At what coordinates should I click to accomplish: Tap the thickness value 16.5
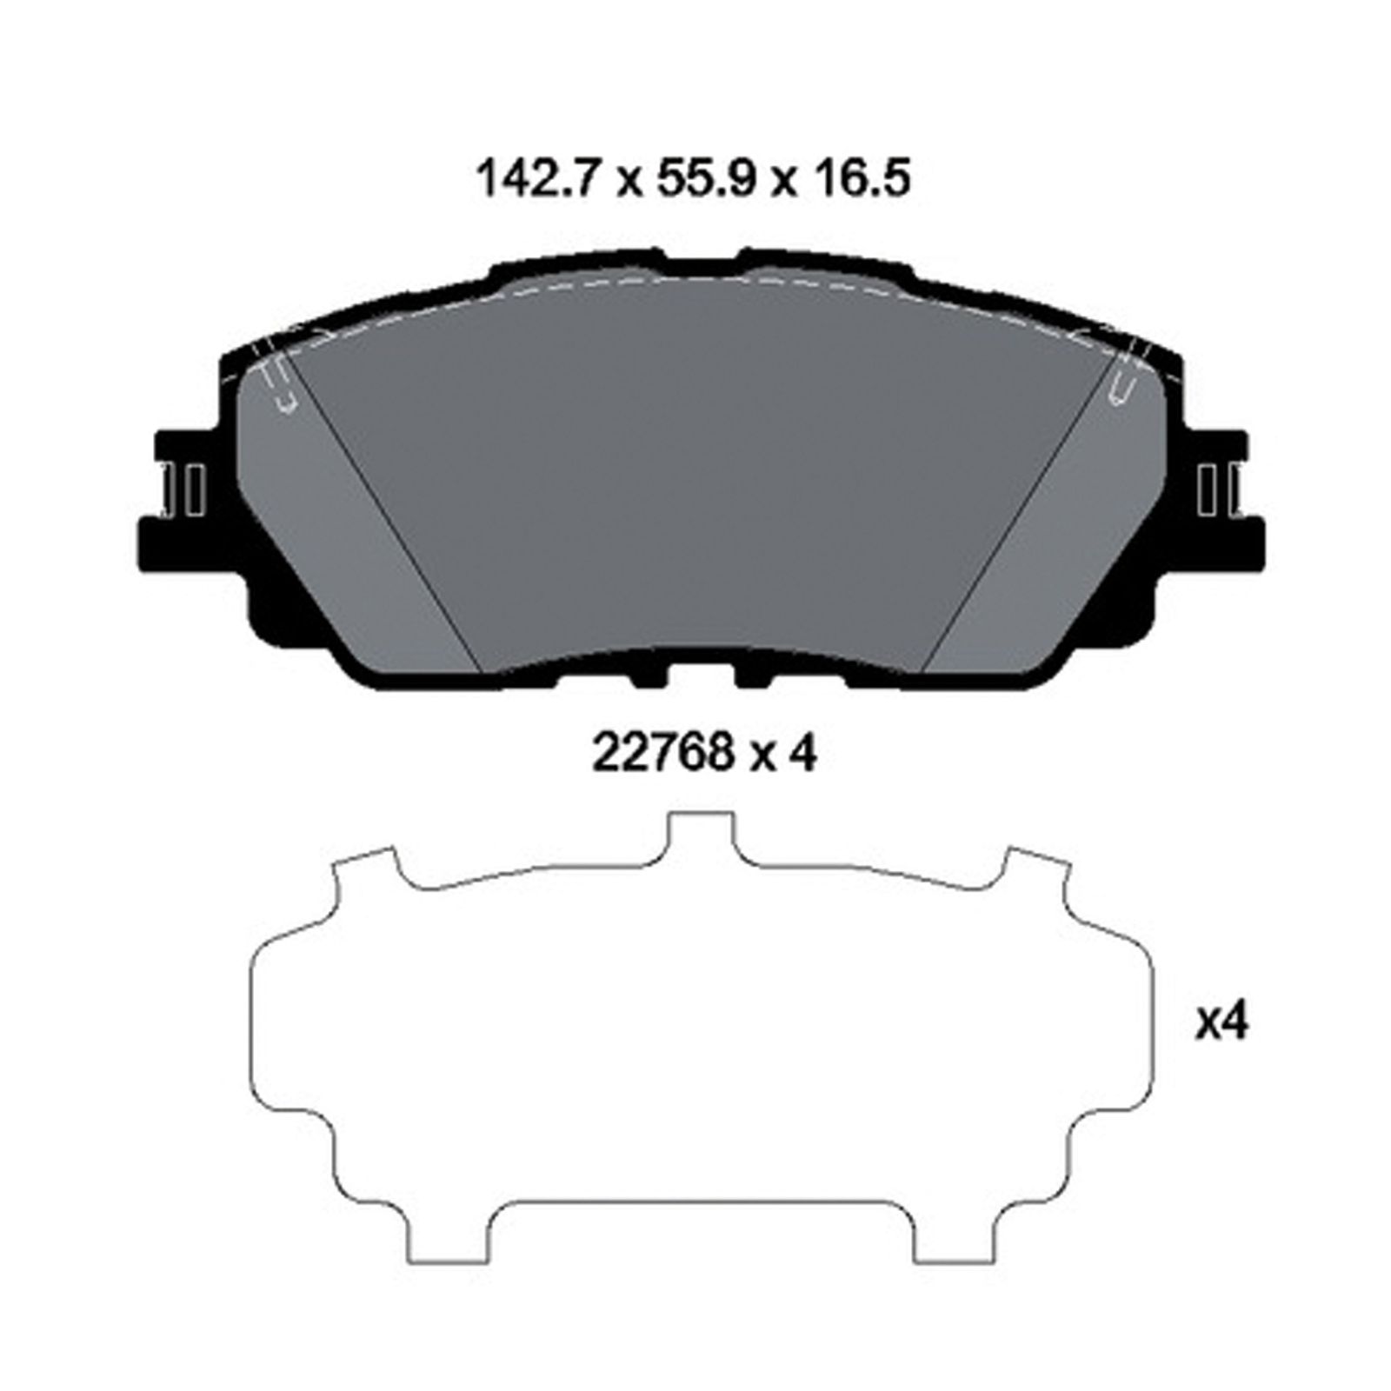pos(855,180)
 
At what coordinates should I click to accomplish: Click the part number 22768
pos(661,753)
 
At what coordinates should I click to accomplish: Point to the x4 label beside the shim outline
pos(1221,1023)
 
